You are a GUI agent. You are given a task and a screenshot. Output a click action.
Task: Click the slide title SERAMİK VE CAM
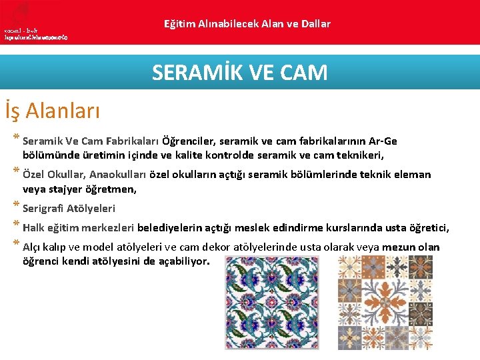pyautogui.click(x=240, y=72)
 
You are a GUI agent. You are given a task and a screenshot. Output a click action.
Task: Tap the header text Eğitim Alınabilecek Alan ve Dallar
pyautogui.click(x=247, y=24)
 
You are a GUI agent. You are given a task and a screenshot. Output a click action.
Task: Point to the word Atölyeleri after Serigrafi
pyautogui.click(x=93, y=209)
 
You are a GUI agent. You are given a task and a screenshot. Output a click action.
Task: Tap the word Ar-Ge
pyautogui.click(x=382, y=141)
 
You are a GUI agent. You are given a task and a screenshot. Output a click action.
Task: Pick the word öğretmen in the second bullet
pyautogui.click(x=109, y=189)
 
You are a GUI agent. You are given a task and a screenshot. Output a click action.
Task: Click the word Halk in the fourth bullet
pyautogui.click(x=34, y=228)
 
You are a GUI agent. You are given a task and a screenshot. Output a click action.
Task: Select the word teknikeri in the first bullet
pyautogui.click(x=362, y=155)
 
